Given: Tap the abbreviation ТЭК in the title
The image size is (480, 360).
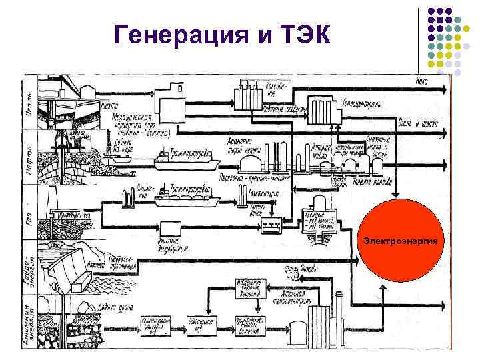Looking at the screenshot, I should coord(303,33).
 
